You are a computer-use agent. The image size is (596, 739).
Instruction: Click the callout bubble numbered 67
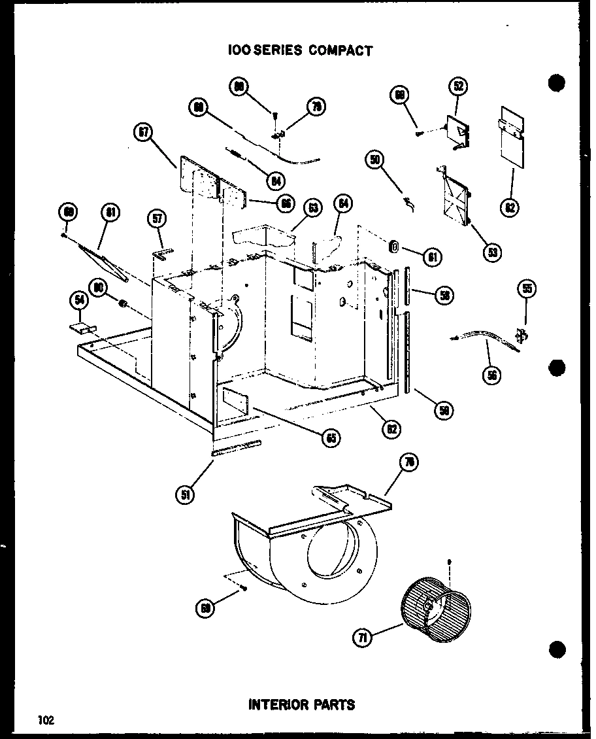pos(143,133)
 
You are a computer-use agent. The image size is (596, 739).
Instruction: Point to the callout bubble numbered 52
pos(459,86)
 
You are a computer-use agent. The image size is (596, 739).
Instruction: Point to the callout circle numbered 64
pos(343,204)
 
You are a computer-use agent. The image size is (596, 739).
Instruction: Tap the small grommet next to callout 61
pos(394,247)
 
